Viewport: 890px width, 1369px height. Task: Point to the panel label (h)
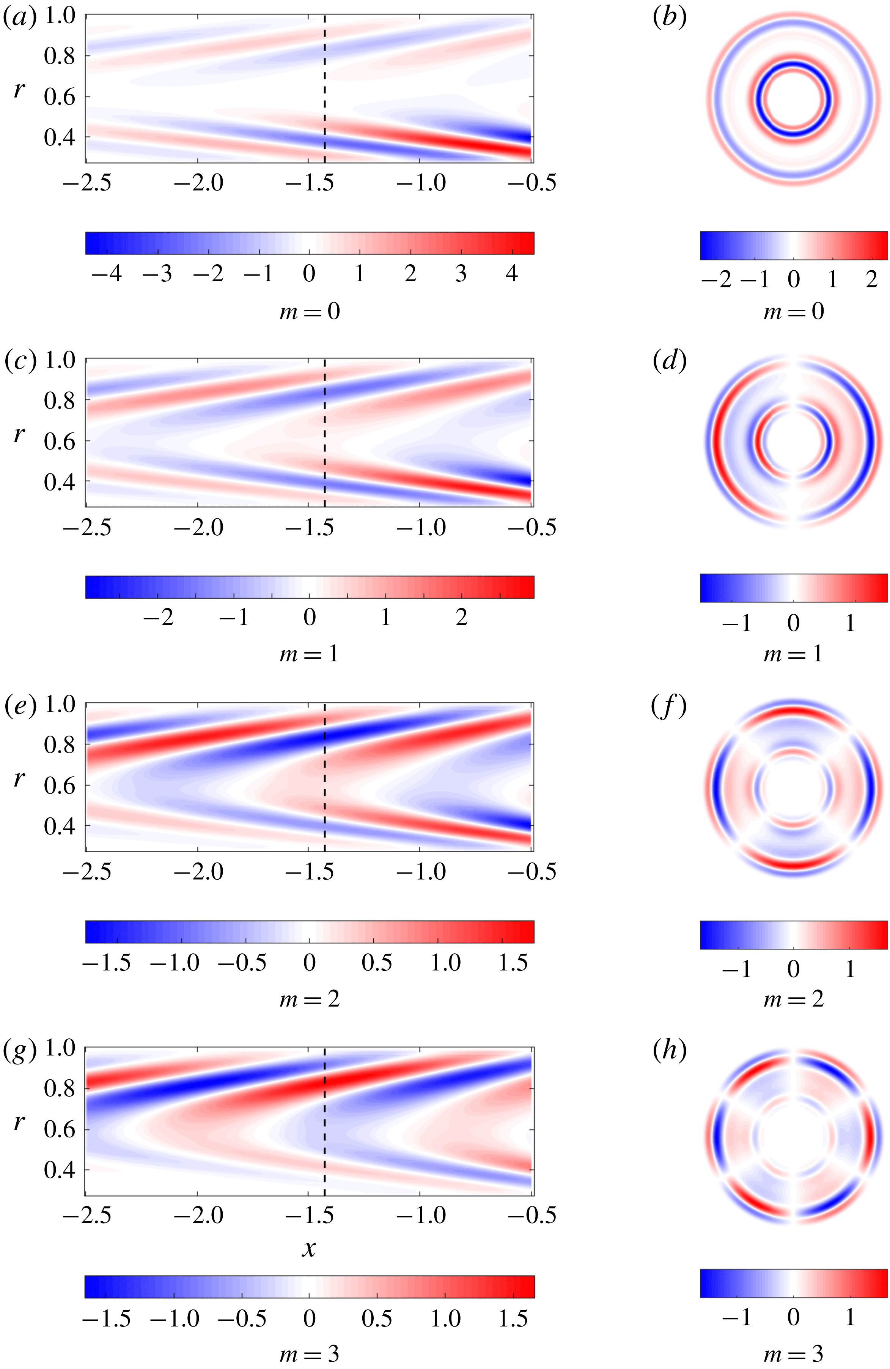point(670,1051)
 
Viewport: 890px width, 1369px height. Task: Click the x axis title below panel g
point(309,1249)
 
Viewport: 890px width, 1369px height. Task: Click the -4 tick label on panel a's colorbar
point(107,274)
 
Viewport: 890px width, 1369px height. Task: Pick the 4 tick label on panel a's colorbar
point(512,274)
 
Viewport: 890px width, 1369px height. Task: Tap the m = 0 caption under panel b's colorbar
point(793,312)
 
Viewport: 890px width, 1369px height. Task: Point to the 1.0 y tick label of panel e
point(60,704)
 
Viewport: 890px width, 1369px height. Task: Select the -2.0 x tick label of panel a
point(198,183)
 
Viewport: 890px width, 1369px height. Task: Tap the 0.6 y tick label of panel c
point(60,441)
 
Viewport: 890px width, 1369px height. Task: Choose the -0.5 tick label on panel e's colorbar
point(242,963)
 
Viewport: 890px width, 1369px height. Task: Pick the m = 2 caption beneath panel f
point(793,1000)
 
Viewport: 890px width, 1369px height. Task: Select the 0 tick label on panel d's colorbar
point(793,622)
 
